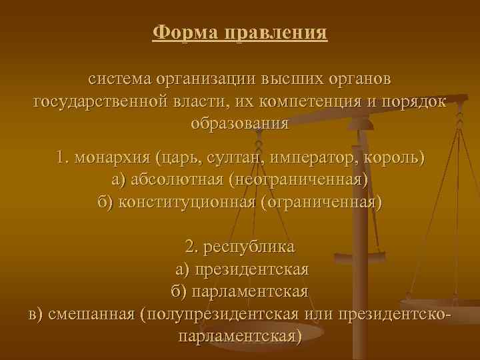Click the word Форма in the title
tap(179, 32)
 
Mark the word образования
tap(239, 123)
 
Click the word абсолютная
tap(177, 180)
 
